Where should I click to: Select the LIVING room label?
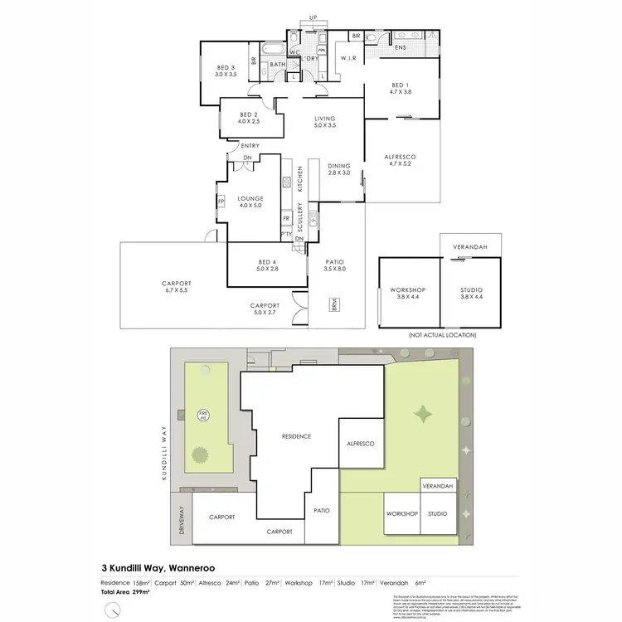(324, 122)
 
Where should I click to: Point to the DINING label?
(339, 169)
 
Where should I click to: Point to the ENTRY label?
(250, 147)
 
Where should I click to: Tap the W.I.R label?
(347, 57)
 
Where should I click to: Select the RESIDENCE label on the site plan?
(295, 436)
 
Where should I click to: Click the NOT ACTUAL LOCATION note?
(442, 335)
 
